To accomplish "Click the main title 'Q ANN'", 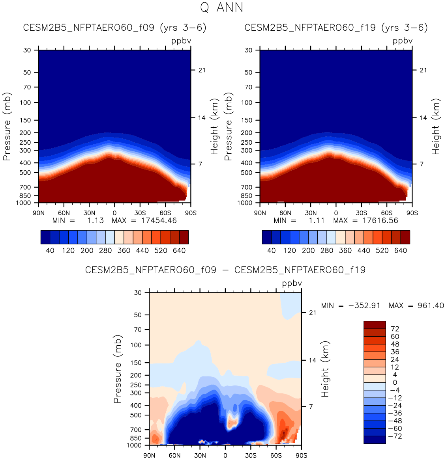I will tap(222, 7).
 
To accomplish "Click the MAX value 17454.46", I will tap(159, 220).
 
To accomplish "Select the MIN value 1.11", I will tap(317, 220).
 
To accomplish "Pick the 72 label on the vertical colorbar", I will tap(395, 329).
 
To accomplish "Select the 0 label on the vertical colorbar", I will tap(395, 382).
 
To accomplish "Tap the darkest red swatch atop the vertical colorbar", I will tap(375, 325).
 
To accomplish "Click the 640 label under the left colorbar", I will tap(179, 250).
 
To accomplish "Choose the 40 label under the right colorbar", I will tap(272, 250).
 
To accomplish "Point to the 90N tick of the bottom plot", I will tap(149, 455).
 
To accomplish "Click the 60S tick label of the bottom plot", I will tap(276, 455).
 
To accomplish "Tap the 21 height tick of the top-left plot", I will tap(202, 70).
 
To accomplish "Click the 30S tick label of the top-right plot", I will tap(362, 213).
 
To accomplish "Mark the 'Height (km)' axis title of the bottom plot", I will tap(325, 369).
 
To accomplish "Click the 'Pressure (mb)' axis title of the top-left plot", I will tap(7, 127).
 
